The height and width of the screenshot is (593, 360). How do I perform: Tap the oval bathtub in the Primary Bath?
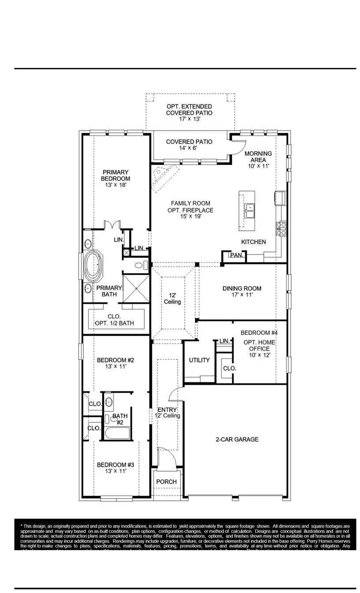pyautogui.click(x=94, y=266)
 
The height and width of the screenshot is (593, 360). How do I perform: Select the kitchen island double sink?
pyautogui.click(x=250, y=211)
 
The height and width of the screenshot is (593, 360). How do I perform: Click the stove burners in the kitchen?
pyautogui.click(x=281, y=228)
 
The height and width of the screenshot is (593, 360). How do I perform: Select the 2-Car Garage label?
pyautogui.click(x=237, y=439)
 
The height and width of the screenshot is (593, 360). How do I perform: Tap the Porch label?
pyautogui.click(x=166, y=481)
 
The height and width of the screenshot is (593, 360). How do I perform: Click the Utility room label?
pyautogui.click(x=199, y=360)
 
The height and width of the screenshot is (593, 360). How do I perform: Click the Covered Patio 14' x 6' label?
pyautogui.click(x=189, y=145)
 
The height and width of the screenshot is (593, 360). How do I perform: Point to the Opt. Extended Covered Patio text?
pyautogui.click(x=189, y=113)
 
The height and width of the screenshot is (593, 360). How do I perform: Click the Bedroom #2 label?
pyautogui.click(x=115, y=363)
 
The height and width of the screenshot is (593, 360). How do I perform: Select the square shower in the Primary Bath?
pyautogui.click(x=136, y=288)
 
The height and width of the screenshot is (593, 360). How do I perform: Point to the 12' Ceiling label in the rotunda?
pyautogui.click(x=172, y=299)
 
